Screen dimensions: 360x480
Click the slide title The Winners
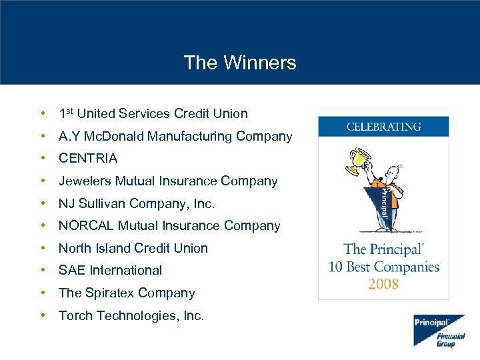point(240,63)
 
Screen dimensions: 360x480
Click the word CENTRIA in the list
point(88,159)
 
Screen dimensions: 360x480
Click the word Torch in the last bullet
point(75,315)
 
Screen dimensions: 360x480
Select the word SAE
point(72,271)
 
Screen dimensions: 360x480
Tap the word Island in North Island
point(114,248)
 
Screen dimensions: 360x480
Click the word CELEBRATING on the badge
point(383,127)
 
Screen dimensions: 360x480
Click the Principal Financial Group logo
point(438,330)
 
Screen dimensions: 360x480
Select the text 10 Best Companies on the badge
point(383,267)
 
